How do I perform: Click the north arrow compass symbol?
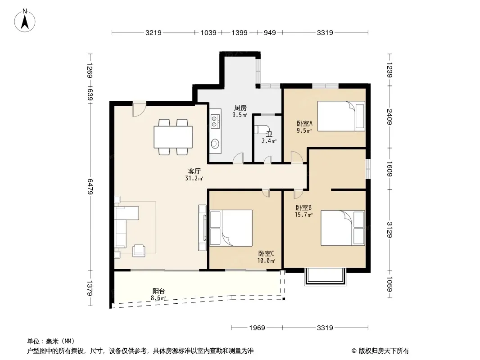point(25,21)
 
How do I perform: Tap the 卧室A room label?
point(304,124)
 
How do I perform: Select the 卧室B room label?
point(303,208)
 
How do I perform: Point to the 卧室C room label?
point(266,253)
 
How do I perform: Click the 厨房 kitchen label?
point(240,108)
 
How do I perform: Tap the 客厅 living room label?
point(194,171)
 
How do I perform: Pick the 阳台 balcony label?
point(158,291)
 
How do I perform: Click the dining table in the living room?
point(173,137)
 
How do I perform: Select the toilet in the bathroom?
point(262,129)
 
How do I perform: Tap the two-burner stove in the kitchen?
point(215,121)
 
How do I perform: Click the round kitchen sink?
point(215,143)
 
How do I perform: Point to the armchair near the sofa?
point(139,251)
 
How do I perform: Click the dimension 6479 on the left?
point(90,186)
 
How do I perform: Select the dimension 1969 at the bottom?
point(257,328)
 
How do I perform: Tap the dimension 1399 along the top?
point(240,32)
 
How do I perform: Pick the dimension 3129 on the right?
point(389,229)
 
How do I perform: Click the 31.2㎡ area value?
point(194,178)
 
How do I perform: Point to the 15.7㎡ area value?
point(303,215)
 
